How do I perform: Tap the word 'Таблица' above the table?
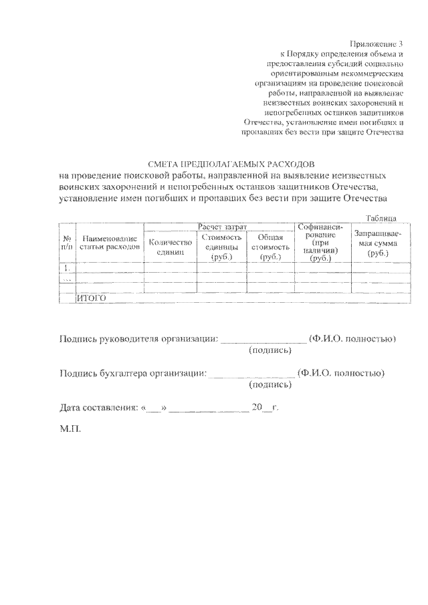381,218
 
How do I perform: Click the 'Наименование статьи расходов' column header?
109,242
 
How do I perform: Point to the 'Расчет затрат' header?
219,227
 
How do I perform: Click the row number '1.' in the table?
67,267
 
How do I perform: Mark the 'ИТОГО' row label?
92,298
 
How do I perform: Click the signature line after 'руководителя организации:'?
263,340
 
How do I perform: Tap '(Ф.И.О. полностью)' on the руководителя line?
352,338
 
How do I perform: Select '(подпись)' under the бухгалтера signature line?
270,385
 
